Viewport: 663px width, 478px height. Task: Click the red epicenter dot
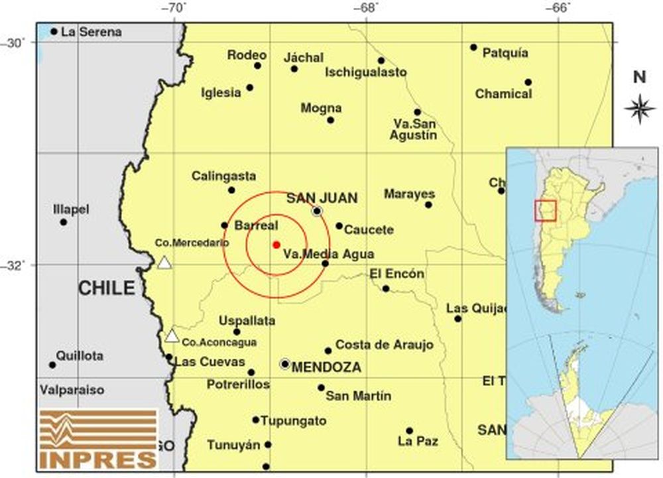pyautogui.click(x=276, y=245)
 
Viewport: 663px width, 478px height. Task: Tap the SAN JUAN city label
pyautogui.click(x=322, y=198)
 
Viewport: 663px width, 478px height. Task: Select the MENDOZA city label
pyautogui.click(x=326, y=367)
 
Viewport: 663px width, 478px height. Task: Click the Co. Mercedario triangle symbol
pyautogui.click(x=164, y=263)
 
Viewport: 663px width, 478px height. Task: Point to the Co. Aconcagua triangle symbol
pyautogui.click(x=172, y=336)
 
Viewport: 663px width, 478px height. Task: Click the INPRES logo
pyautogui.click(x=97, y=438)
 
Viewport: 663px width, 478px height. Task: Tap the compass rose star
pyautogui.click(x=640, y=109)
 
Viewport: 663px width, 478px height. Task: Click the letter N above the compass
pyautogui.click(x=640, y=77)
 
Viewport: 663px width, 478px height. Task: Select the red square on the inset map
pyautogui.click(x=545, y=210)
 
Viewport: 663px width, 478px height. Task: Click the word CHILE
pyautogui.click(x=106, y=288)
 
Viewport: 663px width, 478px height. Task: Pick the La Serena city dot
pyautogui.click(x=54, y=31)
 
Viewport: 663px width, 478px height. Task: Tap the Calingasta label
pyautogui.click(x=223, y=176)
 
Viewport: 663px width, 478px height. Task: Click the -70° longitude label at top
pyautogui.click(x=176, y=8)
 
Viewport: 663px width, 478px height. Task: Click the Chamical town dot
pyautogui.click(x=528, y=82)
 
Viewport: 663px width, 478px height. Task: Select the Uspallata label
pyautogui.click(x=247, y=321)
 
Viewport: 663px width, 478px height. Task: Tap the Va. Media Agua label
pyautogui.click(x=328, y=254)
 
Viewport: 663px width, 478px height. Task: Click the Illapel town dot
pyautogui.click(x=64, y=222)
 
